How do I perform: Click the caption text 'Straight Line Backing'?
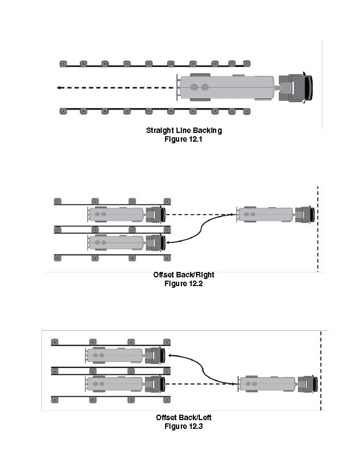click(184, 131)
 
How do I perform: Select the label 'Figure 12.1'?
click(184, 139)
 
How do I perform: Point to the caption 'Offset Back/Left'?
click(184, 418)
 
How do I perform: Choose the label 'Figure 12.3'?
click(184, 426)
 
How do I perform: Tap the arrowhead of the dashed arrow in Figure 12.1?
click(58, 87)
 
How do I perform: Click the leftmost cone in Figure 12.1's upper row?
click(63, 64)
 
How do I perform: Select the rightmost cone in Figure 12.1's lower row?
click(247, 111)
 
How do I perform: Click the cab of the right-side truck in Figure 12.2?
click(306, 214)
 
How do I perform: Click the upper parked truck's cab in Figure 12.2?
click(157, 215)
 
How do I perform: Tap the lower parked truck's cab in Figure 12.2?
click(157, 241)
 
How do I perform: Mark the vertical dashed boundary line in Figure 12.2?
click(318, 229)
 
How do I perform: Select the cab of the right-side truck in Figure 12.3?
click(308, 384)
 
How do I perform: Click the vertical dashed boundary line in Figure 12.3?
click(321, 371)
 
